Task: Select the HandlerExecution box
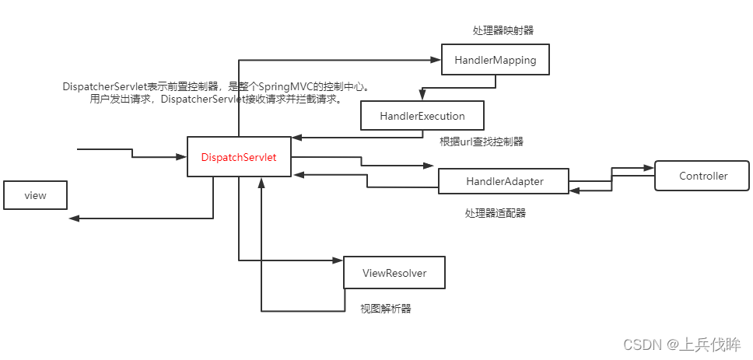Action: coord(422,116)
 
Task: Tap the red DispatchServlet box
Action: coord(239,157)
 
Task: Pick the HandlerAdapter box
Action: coord(504,181)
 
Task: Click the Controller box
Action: coord(702,176)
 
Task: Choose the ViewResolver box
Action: coord(394,273)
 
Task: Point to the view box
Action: coord(35,195)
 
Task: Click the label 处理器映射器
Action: coord(503,30)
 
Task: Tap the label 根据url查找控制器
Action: coord(482,142)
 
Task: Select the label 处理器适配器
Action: coord(496,212)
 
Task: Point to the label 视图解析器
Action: coord(385,309)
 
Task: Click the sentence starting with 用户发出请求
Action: coord(215,100)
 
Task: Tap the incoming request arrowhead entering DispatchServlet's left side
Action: coord(182,157)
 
